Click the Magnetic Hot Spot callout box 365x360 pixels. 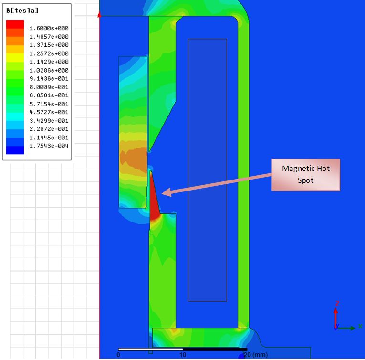pyautogui.click(x=305, y=174)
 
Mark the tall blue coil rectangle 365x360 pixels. pyautogui.click(x=207, y=169)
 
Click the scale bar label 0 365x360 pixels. pyautogui.click(x=118, y=355)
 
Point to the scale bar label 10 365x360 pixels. pyautogui.click(x=183, y=355)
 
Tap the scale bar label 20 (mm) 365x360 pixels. pyautogui.click(x=256, y=355)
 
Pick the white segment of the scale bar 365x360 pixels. pyautogui.click(x=150, y=349)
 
